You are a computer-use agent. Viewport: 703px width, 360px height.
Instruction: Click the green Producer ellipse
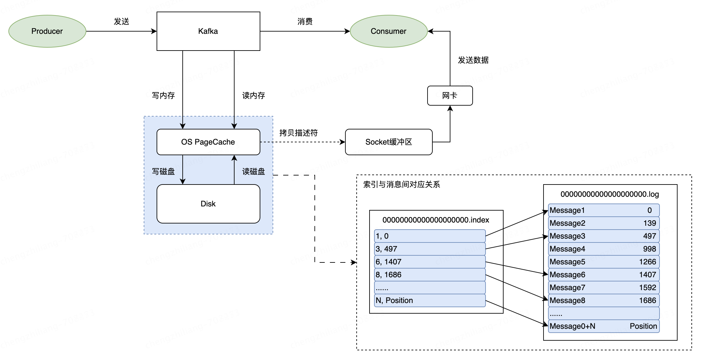point(47,31)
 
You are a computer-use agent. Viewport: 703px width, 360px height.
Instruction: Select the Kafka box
point(208,31)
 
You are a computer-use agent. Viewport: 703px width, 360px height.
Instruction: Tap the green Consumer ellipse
point(389,31)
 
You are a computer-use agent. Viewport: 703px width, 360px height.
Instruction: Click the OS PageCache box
point(208,142)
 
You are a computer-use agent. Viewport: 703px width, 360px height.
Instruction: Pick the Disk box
point(208,204)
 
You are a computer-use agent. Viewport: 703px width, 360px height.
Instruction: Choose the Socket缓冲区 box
point(389,142)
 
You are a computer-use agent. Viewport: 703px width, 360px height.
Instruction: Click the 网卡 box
point(450,96)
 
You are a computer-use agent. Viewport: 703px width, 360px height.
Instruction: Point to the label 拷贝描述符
point(298,133)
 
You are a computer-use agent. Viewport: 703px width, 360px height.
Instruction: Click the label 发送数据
point(473,60)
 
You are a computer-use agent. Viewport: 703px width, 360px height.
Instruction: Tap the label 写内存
point(163,96)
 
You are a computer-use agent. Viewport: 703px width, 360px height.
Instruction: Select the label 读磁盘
point(253,172)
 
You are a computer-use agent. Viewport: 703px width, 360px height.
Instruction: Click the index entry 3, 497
point(429,249)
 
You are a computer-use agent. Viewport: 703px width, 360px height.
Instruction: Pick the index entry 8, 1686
point(429,275)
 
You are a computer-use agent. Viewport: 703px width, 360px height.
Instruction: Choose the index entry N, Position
point(429,300)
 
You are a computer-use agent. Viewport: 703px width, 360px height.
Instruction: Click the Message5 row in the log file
point(603,262)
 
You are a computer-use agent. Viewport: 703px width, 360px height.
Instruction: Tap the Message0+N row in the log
point(603,326)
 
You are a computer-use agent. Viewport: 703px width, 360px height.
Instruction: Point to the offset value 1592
point(647,288)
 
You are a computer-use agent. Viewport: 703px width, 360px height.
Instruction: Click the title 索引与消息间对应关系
point(401,185)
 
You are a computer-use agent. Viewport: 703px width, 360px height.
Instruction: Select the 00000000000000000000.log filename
point(610,194)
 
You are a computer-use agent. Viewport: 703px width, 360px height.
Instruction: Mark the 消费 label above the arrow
point(305,22)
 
